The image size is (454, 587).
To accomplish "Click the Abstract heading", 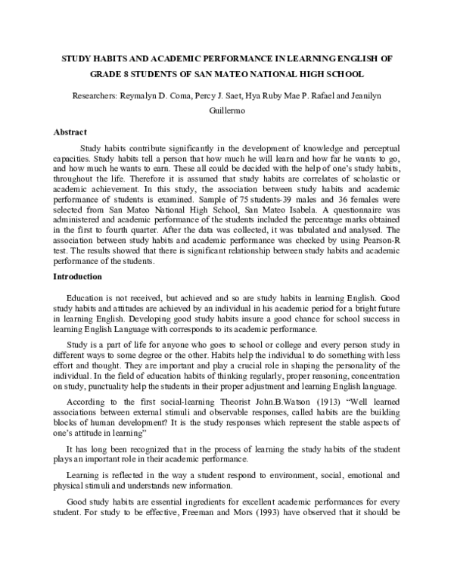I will click(70, 131).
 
